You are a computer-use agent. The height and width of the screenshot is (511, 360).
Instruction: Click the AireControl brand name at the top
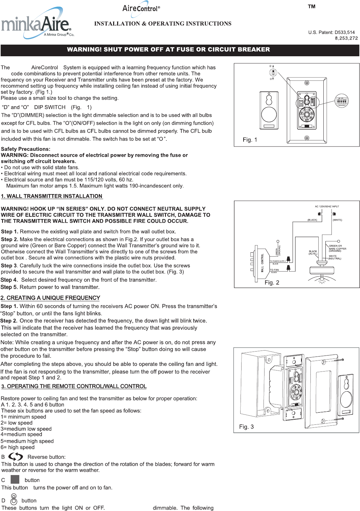tap(141, 8)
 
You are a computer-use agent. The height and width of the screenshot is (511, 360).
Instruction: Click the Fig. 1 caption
tap(250, 140)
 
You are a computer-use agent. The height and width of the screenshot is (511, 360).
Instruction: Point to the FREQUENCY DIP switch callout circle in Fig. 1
tap(341, 101)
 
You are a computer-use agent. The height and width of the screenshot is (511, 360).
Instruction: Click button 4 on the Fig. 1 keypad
tap(309, 110)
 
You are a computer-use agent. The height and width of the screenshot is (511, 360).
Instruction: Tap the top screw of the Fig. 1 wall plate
tap(307, 83)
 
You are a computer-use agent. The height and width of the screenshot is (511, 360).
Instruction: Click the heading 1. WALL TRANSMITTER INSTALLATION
tap(52, 196)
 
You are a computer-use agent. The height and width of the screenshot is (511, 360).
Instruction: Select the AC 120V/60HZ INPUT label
tap(327, 206)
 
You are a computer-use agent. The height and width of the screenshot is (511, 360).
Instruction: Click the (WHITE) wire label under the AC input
tap(337, 220)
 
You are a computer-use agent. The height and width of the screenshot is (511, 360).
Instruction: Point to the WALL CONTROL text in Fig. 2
tap(262, 263)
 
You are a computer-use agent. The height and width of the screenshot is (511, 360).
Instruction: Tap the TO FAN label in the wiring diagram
tap(274, 270)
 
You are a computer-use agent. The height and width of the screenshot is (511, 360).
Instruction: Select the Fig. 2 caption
tap(272, 283)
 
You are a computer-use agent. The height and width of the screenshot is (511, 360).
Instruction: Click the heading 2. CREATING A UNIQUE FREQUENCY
tap(50, 298)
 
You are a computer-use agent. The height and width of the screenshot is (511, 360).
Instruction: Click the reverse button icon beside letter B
tap(16, 456)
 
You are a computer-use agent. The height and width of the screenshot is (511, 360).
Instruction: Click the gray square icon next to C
tap(15, 479)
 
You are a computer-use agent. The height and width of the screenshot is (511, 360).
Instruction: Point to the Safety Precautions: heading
tap(26, 149)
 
